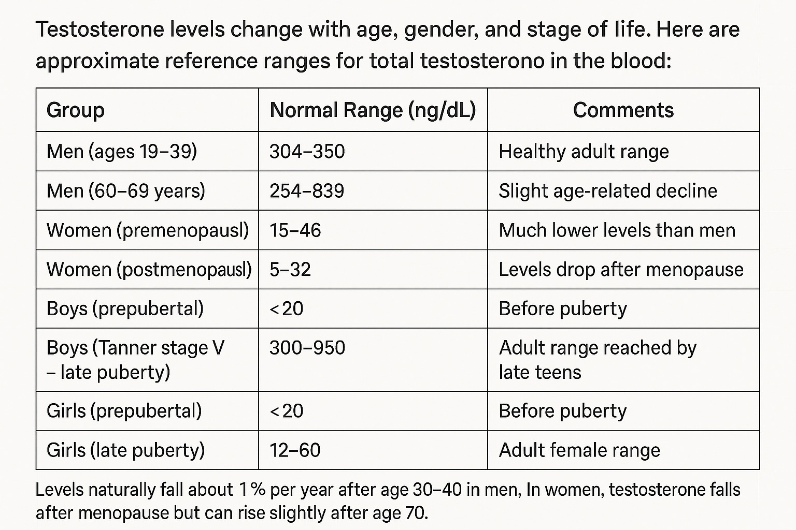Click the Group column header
[x=76, y=110]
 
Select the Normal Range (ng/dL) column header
[x=373, y=110]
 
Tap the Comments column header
[x=623, y=110]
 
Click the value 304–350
[x=307, y=152]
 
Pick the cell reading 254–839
[x=307, y=191]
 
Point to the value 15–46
[x=295, y=230]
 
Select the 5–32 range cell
[x=290, y=270]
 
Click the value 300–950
[x=307, y=348]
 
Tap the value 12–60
[x=295, y=450]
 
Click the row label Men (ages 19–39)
[x=122, y=152]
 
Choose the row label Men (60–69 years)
[x=126, y=191]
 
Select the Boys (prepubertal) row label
[x=125, y=309]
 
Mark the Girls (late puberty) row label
[x=126, y=450]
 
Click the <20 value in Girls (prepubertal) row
[x=287, y=411]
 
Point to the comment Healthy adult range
[x=584, y=152]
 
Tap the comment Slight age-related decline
[x=608, y=191]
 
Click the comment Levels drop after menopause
[x=621, y=270]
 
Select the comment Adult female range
[x=579, y=450]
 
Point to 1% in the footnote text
[x=252, y=490]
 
